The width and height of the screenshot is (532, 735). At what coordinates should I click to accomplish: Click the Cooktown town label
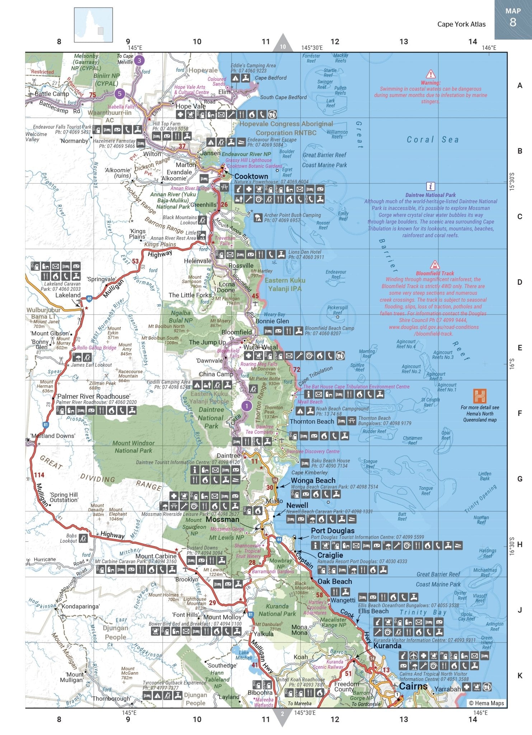(x=251, y=176)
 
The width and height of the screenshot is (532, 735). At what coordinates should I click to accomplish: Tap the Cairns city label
(x=413, y=686)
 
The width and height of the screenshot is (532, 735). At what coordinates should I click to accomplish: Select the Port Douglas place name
(x=333, y=530)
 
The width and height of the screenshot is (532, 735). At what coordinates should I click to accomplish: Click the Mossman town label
(x=222, y=519)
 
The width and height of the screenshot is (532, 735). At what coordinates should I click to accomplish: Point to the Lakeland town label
(x=68, y=295)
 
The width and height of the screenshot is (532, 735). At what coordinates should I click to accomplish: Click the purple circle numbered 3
(x=140, y=60)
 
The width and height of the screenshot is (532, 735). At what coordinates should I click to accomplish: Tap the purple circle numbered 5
(x=119, y=94)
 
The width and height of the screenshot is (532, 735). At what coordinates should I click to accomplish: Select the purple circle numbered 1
(x=246, y=406)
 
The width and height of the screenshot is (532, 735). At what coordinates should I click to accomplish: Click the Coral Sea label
(x=432, y=140)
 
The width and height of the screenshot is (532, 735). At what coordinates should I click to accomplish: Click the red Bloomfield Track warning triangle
(x=435, y=265)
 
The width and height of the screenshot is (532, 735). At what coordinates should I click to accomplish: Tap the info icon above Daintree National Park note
(x=430, y=187)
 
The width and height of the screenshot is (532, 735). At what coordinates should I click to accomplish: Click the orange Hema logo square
(x=480, y=396)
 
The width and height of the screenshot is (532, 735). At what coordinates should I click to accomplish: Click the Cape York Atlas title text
(x=461, y=24)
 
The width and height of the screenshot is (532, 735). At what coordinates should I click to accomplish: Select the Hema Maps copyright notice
(x=486, y=703)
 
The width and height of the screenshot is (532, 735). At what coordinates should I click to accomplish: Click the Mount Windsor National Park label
(x=133, y=447)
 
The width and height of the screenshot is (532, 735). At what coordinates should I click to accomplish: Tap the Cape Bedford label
(x=270, y=78)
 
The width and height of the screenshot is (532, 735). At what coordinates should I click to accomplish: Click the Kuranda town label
(x=387, y=646)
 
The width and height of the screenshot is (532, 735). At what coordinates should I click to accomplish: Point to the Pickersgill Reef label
(x=337, y=310)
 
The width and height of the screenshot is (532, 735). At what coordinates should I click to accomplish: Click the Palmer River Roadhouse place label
(x=93, y=396)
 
